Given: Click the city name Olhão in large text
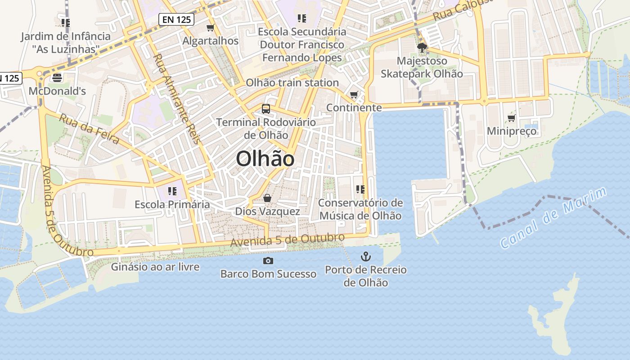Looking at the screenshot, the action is [x=265, y=159].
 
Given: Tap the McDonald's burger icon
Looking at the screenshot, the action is [x=57, y=77].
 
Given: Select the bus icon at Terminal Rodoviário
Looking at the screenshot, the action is [x=266, y=108].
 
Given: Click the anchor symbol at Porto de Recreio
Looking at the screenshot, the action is [x=366, y=256].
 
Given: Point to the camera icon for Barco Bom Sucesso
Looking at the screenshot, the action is [x=268, y=261].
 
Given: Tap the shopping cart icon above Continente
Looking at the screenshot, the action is [x=354, y=94].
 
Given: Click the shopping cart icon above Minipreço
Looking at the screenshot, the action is [x=511, y=118].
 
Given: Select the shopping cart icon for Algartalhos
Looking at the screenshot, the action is [x=210, y=28].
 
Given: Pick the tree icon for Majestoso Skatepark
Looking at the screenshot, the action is [x=422, y=47].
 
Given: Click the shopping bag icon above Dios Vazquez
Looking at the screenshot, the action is [x=267, y=198].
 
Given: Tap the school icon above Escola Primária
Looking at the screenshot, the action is [x=171, y=191].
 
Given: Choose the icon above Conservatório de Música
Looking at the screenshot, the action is [x=360, y=189].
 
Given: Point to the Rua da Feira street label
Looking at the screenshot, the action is [x=89, y=129].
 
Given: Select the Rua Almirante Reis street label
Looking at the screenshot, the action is [x=177, y=99].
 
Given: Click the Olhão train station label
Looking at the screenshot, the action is [x=292, y=83].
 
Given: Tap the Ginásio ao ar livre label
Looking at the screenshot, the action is [x=155, y=267].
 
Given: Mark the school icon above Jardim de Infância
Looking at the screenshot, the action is [x=66, y=22].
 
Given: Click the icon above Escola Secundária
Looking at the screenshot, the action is [x=302, y=18].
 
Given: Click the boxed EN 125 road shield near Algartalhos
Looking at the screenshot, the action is [x=176, y=19].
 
